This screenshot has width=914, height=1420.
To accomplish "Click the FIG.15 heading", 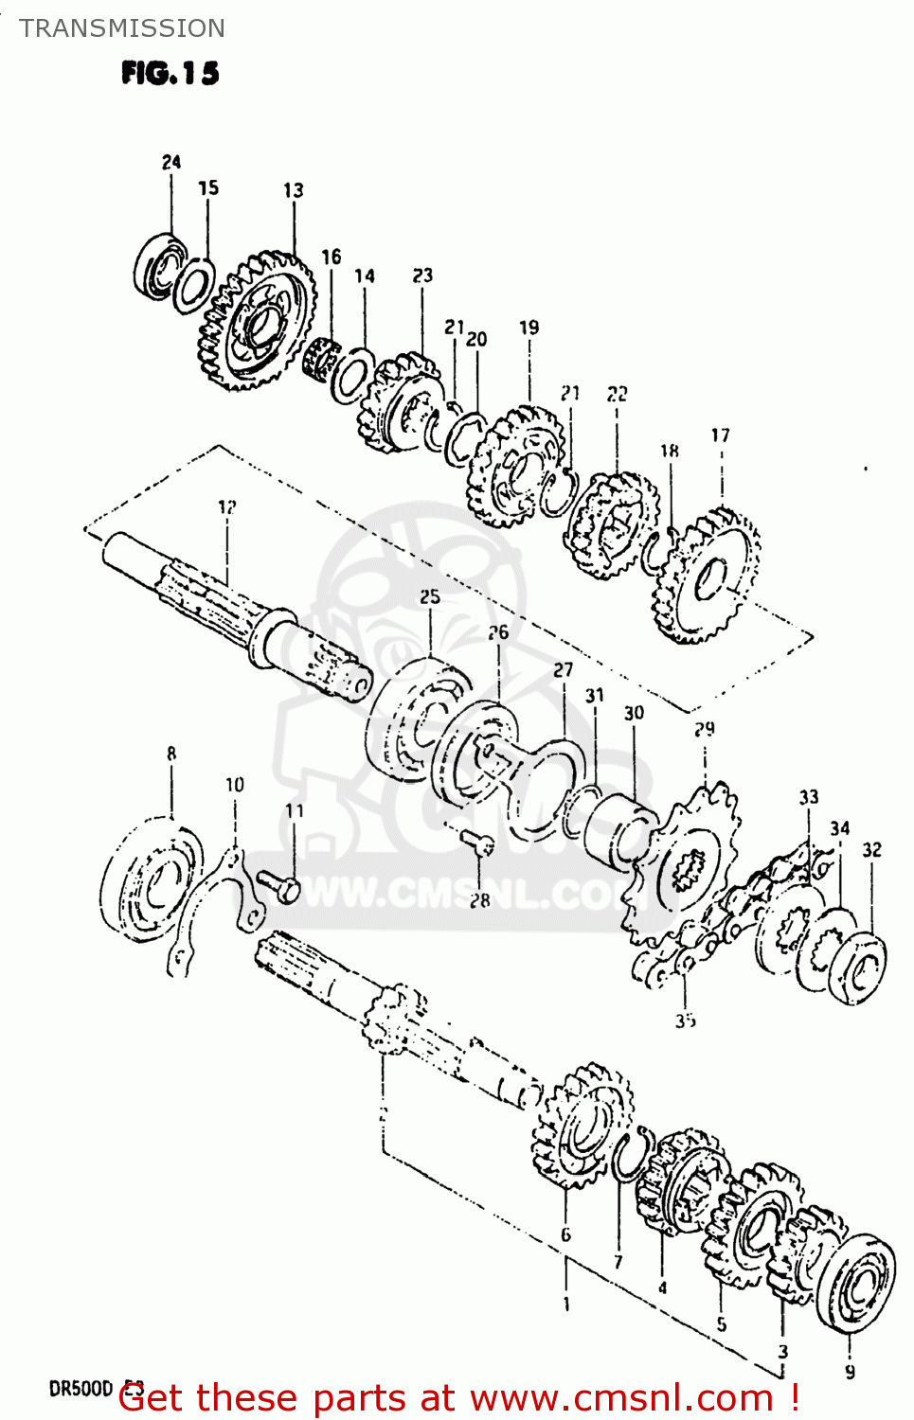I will pos(170,73).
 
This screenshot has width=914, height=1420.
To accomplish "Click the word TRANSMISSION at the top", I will pos(122,28).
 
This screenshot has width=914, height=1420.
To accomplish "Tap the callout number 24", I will pos(171,162).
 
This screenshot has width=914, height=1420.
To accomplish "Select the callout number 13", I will pos(294,190).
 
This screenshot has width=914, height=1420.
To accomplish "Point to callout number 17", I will pos(721,435).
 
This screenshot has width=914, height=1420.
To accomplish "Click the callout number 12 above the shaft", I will pos(227,507).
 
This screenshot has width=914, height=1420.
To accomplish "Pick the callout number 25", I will pos(430,596).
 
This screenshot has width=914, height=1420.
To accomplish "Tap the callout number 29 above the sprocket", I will pos(705,729).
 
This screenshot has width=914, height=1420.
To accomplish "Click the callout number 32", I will pos(872,850).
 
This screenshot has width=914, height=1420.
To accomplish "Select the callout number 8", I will pos(171,754).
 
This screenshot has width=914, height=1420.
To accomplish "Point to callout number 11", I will pos(295,810).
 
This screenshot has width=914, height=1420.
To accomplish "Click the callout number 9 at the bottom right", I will pos(850,1371).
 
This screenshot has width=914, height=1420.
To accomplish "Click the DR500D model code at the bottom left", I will pos(81,1389).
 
